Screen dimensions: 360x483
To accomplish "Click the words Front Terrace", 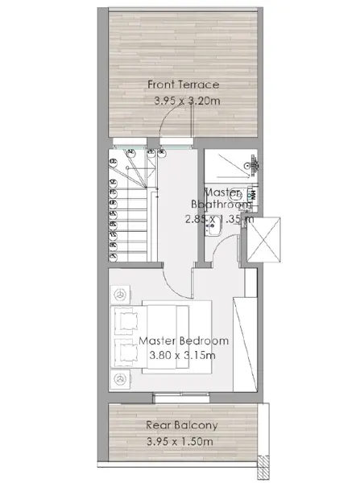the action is pos(183,85).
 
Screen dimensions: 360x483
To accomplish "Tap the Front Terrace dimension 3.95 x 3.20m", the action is pos(187,101).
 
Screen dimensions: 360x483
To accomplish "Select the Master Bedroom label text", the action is pos(184,341).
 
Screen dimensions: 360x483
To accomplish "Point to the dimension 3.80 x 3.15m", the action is pos(183,355).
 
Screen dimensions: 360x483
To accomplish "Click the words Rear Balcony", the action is pos(182,425).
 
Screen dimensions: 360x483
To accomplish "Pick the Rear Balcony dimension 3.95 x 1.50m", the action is pos(180,441).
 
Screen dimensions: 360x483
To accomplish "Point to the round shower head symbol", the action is pos(247,165).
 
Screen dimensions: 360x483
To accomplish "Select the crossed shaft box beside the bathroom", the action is pos(264,240).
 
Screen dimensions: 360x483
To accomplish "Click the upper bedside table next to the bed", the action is pos(120,295).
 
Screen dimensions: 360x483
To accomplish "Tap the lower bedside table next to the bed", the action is pos(120,379).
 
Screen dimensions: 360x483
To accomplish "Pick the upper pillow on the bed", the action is pos(126,320).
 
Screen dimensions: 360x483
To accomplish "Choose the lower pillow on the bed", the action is pos(126,353).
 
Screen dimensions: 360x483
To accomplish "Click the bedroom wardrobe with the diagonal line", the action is pos(245,344).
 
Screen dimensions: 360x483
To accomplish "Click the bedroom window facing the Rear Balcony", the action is pos(181,398).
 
